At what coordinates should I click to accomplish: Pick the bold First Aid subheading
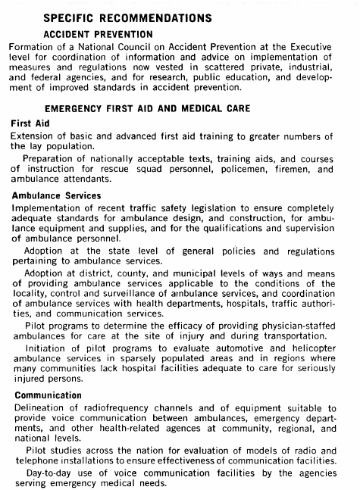click(x=31, y=123)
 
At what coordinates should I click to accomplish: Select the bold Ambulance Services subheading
click(x=56, y=195)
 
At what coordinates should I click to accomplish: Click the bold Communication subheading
click(x=46, y=395)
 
